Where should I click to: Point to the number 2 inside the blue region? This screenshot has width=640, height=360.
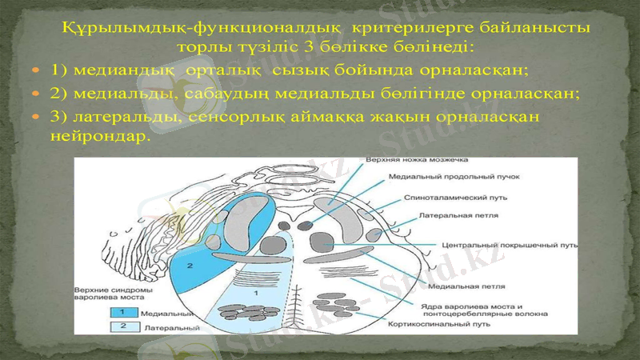pos(190,263)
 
